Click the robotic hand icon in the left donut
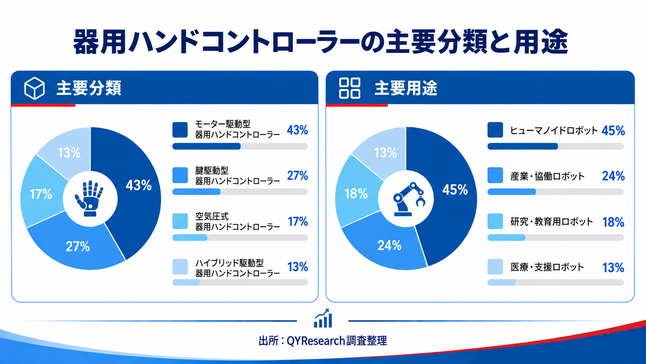point(89,198)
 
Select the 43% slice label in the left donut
point(138,185)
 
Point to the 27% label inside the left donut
point(78,246)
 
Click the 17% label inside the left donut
point(41,194)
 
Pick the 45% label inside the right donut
point(455,190)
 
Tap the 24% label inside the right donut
point(389,245)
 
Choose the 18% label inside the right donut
point(356,193)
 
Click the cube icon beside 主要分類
point(34,88)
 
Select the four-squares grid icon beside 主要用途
point(350,88)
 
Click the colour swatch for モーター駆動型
point(180,130)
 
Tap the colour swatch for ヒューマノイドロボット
point(495,130)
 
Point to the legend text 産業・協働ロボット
point(547,176)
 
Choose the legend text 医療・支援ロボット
point(547,267)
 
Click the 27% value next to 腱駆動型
point(297,176)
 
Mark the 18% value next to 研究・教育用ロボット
point(613,222)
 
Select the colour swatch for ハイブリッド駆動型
point(180,267)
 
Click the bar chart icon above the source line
point(323,318)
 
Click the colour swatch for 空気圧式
point(180,221)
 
